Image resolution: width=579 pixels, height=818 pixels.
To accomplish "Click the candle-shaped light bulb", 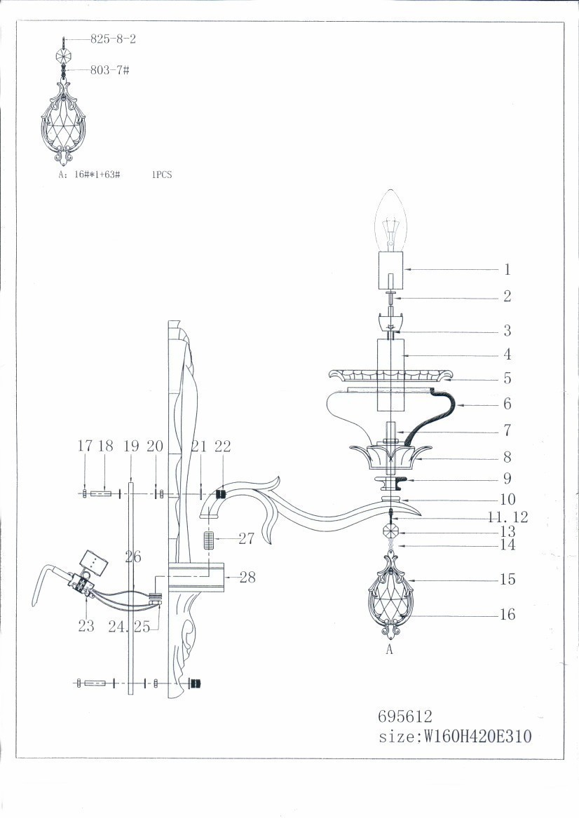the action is coord(390,220).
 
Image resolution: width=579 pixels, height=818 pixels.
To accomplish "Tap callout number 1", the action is coord(507,269).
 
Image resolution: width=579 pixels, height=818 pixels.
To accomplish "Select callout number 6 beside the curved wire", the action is coord(507,403).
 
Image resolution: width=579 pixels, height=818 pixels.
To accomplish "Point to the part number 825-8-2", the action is coord(113,39).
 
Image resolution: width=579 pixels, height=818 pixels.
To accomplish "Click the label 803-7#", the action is coord(109,70).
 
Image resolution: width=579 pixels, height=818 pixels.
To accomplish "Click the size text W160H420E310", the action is coord(477,736).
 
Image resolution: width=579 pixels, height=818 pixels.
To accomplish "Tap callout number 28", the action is coord(247,577).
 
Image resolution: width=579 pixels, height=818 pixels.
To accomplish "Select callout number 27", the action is coord(246,538).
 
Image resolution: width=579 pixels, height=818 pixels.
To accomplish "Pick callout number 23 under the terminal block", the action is coord(86,625).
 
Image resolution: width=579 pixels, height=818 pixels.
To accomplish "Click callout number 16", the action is coord(508,614).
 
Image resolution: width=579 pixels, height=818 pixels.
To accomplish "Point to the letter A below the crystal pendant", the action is coord(388,650).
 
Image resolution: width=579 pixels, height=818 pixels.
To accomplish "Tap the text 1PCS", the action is coord(162,175).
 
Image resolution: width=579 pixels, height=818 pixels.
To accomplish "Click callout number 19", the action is coord(132,446).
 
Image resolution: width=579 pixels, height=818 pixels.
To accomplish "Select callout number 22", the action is coord(223,446).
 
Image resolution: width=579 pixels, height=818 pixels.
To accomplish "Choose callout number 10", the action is coord(508,499).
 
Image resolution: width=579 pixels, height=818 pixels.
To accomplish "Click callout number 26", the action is coord(133,557).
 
